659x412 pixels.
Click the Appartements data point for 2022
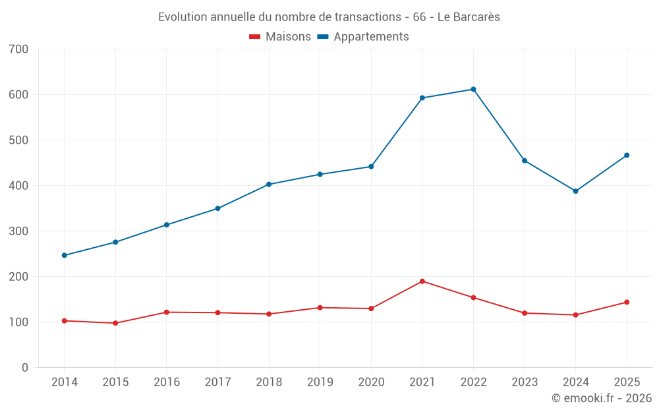(x=473, y=89)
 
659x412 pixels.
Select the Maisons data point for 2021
(x=422, y=281)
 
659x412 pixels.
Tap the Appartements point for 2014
(x=65, y=255)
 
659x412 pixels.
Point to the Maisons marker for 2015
(x=115, y=323)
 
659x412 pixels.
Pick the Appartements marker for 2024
(x=575, y=191)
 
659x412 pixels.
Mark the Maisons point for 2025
(x=627, y=303)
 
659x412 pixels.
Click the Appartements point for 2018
(x=269, y=185)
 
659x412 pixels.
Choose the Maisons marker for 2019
(x=320, y=308)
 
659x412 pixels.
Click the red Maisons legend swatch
(x=254, y=37)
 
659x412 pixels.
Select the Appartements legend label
(x=371, y=37)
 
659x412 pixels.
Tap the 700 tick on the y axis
(x=19, y=49)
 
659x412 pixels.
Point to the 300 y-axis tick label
(x=19, y=231)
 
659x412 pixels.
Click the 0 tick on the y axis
(x=25, y=367)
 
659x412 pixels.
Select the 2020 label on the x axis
(x=371, y=382)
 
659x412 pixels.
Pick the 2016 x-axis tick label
(x=167, y=382)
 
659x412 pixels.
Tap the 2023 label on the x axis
(x=525, y=382)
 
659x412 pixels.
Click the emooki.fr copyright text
(x=601, y=398)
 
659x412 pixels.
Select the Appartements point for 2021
(x=422, y=98)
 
